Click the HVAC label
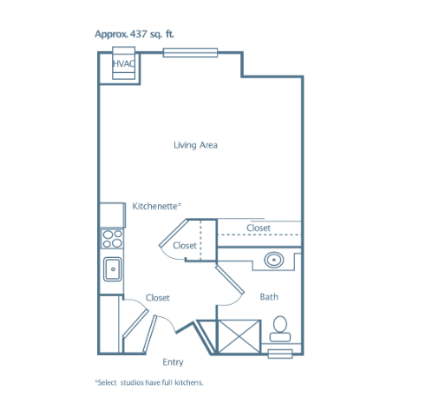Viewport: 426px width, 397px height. (x=124, y=63)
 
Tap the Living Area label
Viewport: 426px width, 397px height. (x=195, y=145)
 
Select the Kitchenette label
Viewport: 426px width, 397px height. (x=156, y=206)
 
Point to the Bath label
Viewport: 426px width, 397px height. (x=269, y=297)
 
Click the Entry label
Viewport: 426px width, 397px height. (x=173, y=362)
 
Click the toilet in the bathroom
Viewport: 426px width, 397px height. (x=280, y=328)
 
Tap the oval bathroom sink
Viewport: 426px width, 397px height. (x=273, y=260)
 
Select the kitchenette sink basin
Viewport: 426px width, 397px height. (x=113, y=269)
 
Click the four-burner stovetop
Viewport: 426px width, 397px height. (x=112, y=239)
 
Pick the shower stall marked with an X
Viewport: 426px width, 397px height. (x=239, y=337)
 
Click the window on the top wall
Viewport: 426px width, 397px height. (x=190, y=53)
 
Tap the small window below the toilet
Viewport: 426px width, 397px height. (x=280, y=354)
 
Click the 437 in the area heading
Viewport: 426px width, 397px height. (x=139, y=34)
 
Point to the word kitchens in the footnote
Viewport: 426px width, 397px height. (x=189, y=382)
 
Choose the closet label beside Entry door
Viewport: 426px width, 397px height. (x=158, y=298)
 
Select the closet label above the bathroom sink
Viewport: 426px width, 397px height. (x=259, y=228)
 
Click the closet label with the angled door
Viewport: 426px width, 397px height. (x=185, y=246)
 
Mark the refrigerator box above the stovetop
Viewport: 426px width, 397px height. (x=113, y=215)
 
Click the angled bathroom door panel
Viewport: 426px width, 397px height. (x=230, y=280)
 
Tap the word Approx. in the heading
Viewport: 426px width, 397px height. (x=111, y=35)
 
